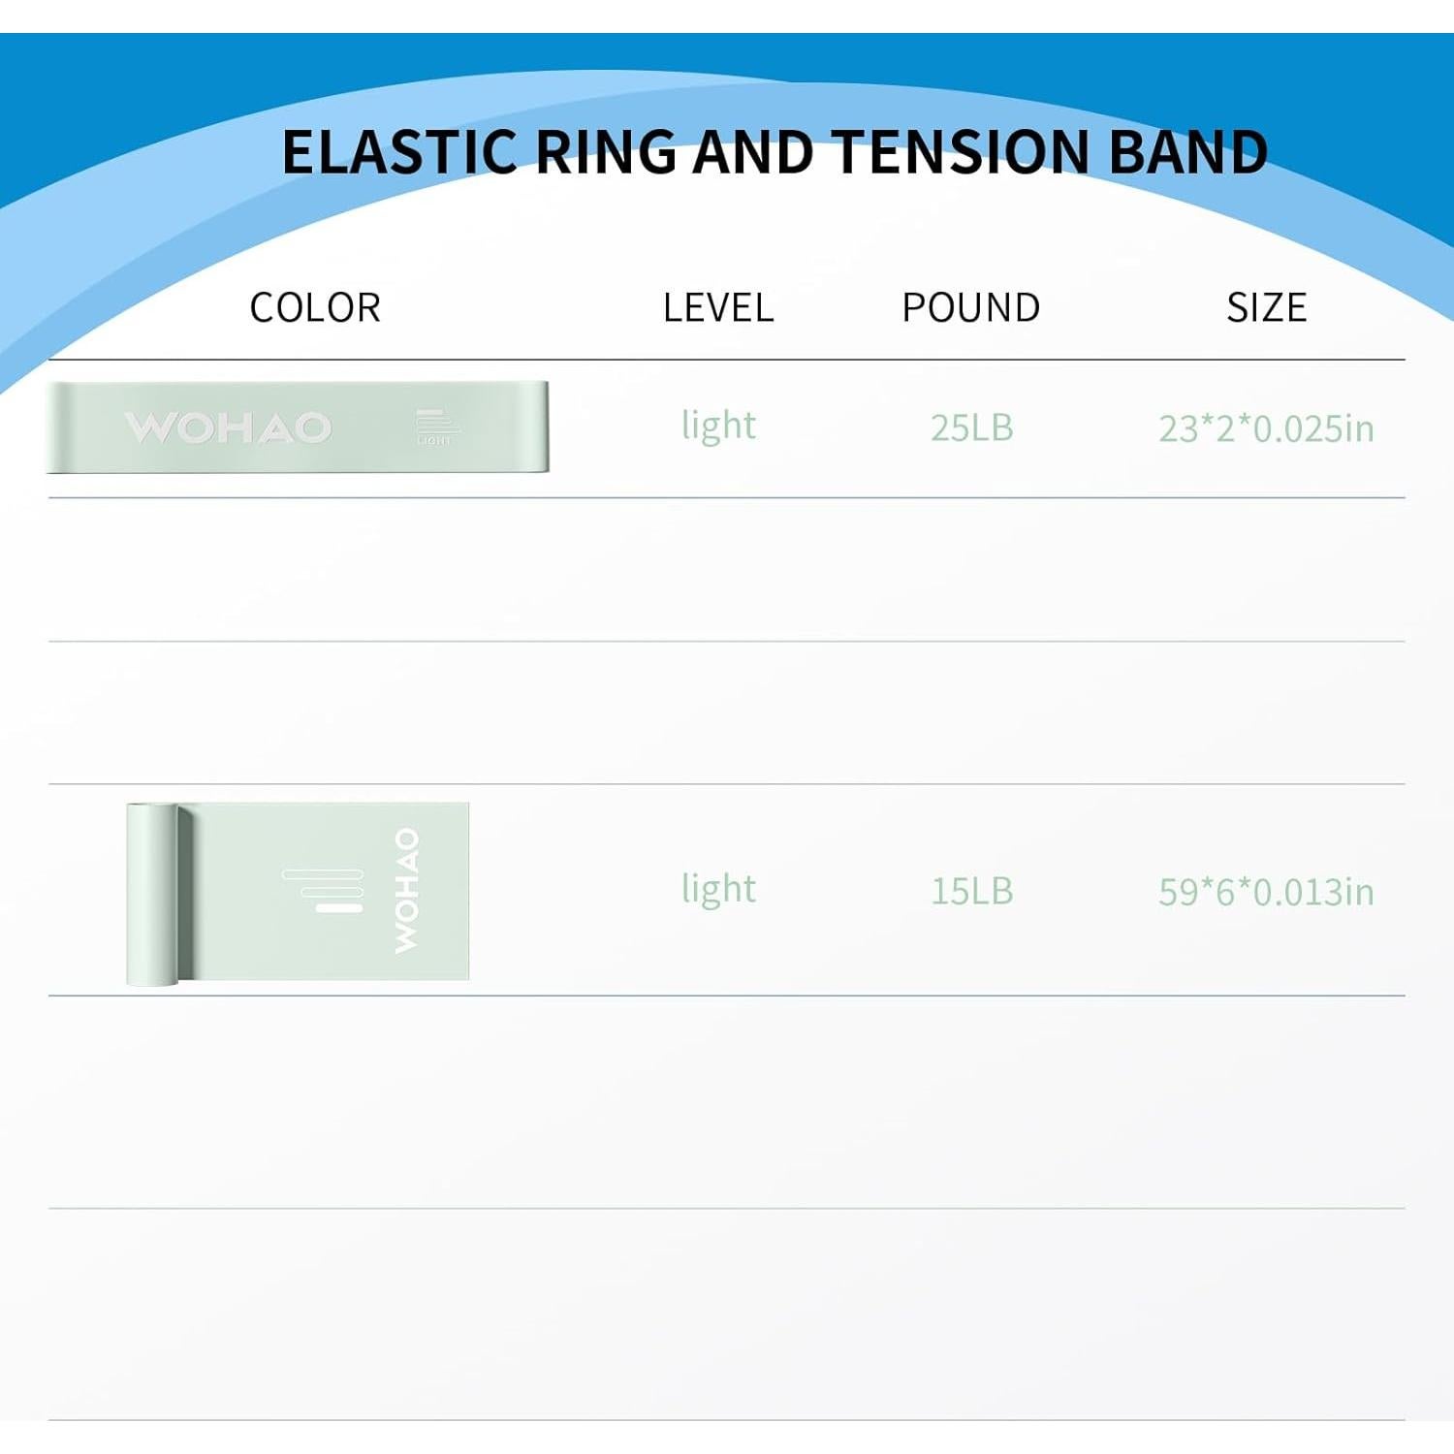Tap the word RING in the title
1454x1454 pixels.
pyautogui.click(x=606, y=152)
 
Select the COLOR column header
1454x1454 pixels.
pyautogui.click(x=315, y=308)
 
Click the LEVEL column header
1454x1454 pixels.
pyautogui.click(x=718, y=308)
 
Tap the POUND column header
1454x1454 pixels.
pyautogui.click(x=971, y=308)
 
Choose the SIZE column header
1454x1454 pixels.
pyautogui.click(x=1266, y=308)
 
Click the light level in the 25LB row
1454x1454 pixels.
pyautogui.click(x=718, y=427)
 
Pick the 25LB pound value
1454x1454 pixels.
pyautogui.click(x=971, y=427)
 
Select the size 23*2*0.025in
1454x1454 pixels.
pyautogui.click(x=1266, y=428)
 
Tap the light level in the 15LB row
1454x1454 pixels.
pyautogui.click(x=718, y=890)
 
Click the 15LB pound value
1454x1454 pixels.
pyautogui.click(x=971, y=891)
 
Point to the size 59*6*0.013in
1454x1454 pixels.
pyautogui.click(x=1266, y=892)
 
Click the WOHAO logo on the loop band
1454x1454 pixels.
pyautogui.click(x=229, y=427)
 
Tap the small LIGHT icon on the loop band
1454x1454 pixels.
pyautogui.click(x=434, y=427)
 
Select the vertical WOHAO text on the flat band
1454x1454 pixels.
pyautogui.click(x=406, y=890)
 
